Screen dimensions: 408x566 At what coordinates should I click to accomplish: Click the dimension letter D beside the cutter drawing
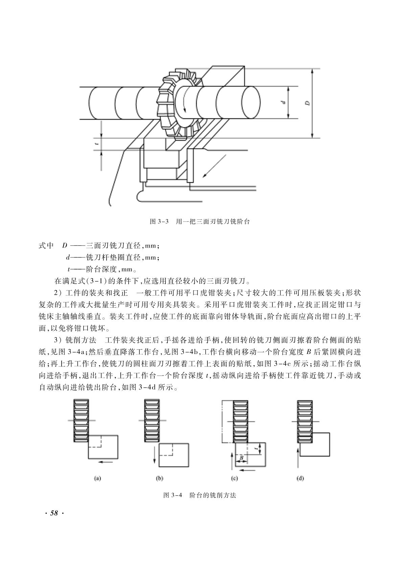[308, 103]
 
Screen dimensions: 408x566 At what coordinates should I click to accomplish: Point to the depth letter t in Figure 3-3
[96, 144]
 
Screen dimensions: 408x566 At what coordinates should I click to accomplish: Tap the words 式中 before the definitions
[46, 245]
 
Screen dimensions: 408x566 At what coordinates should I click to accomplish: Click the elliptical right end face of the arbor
[251, 102]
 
